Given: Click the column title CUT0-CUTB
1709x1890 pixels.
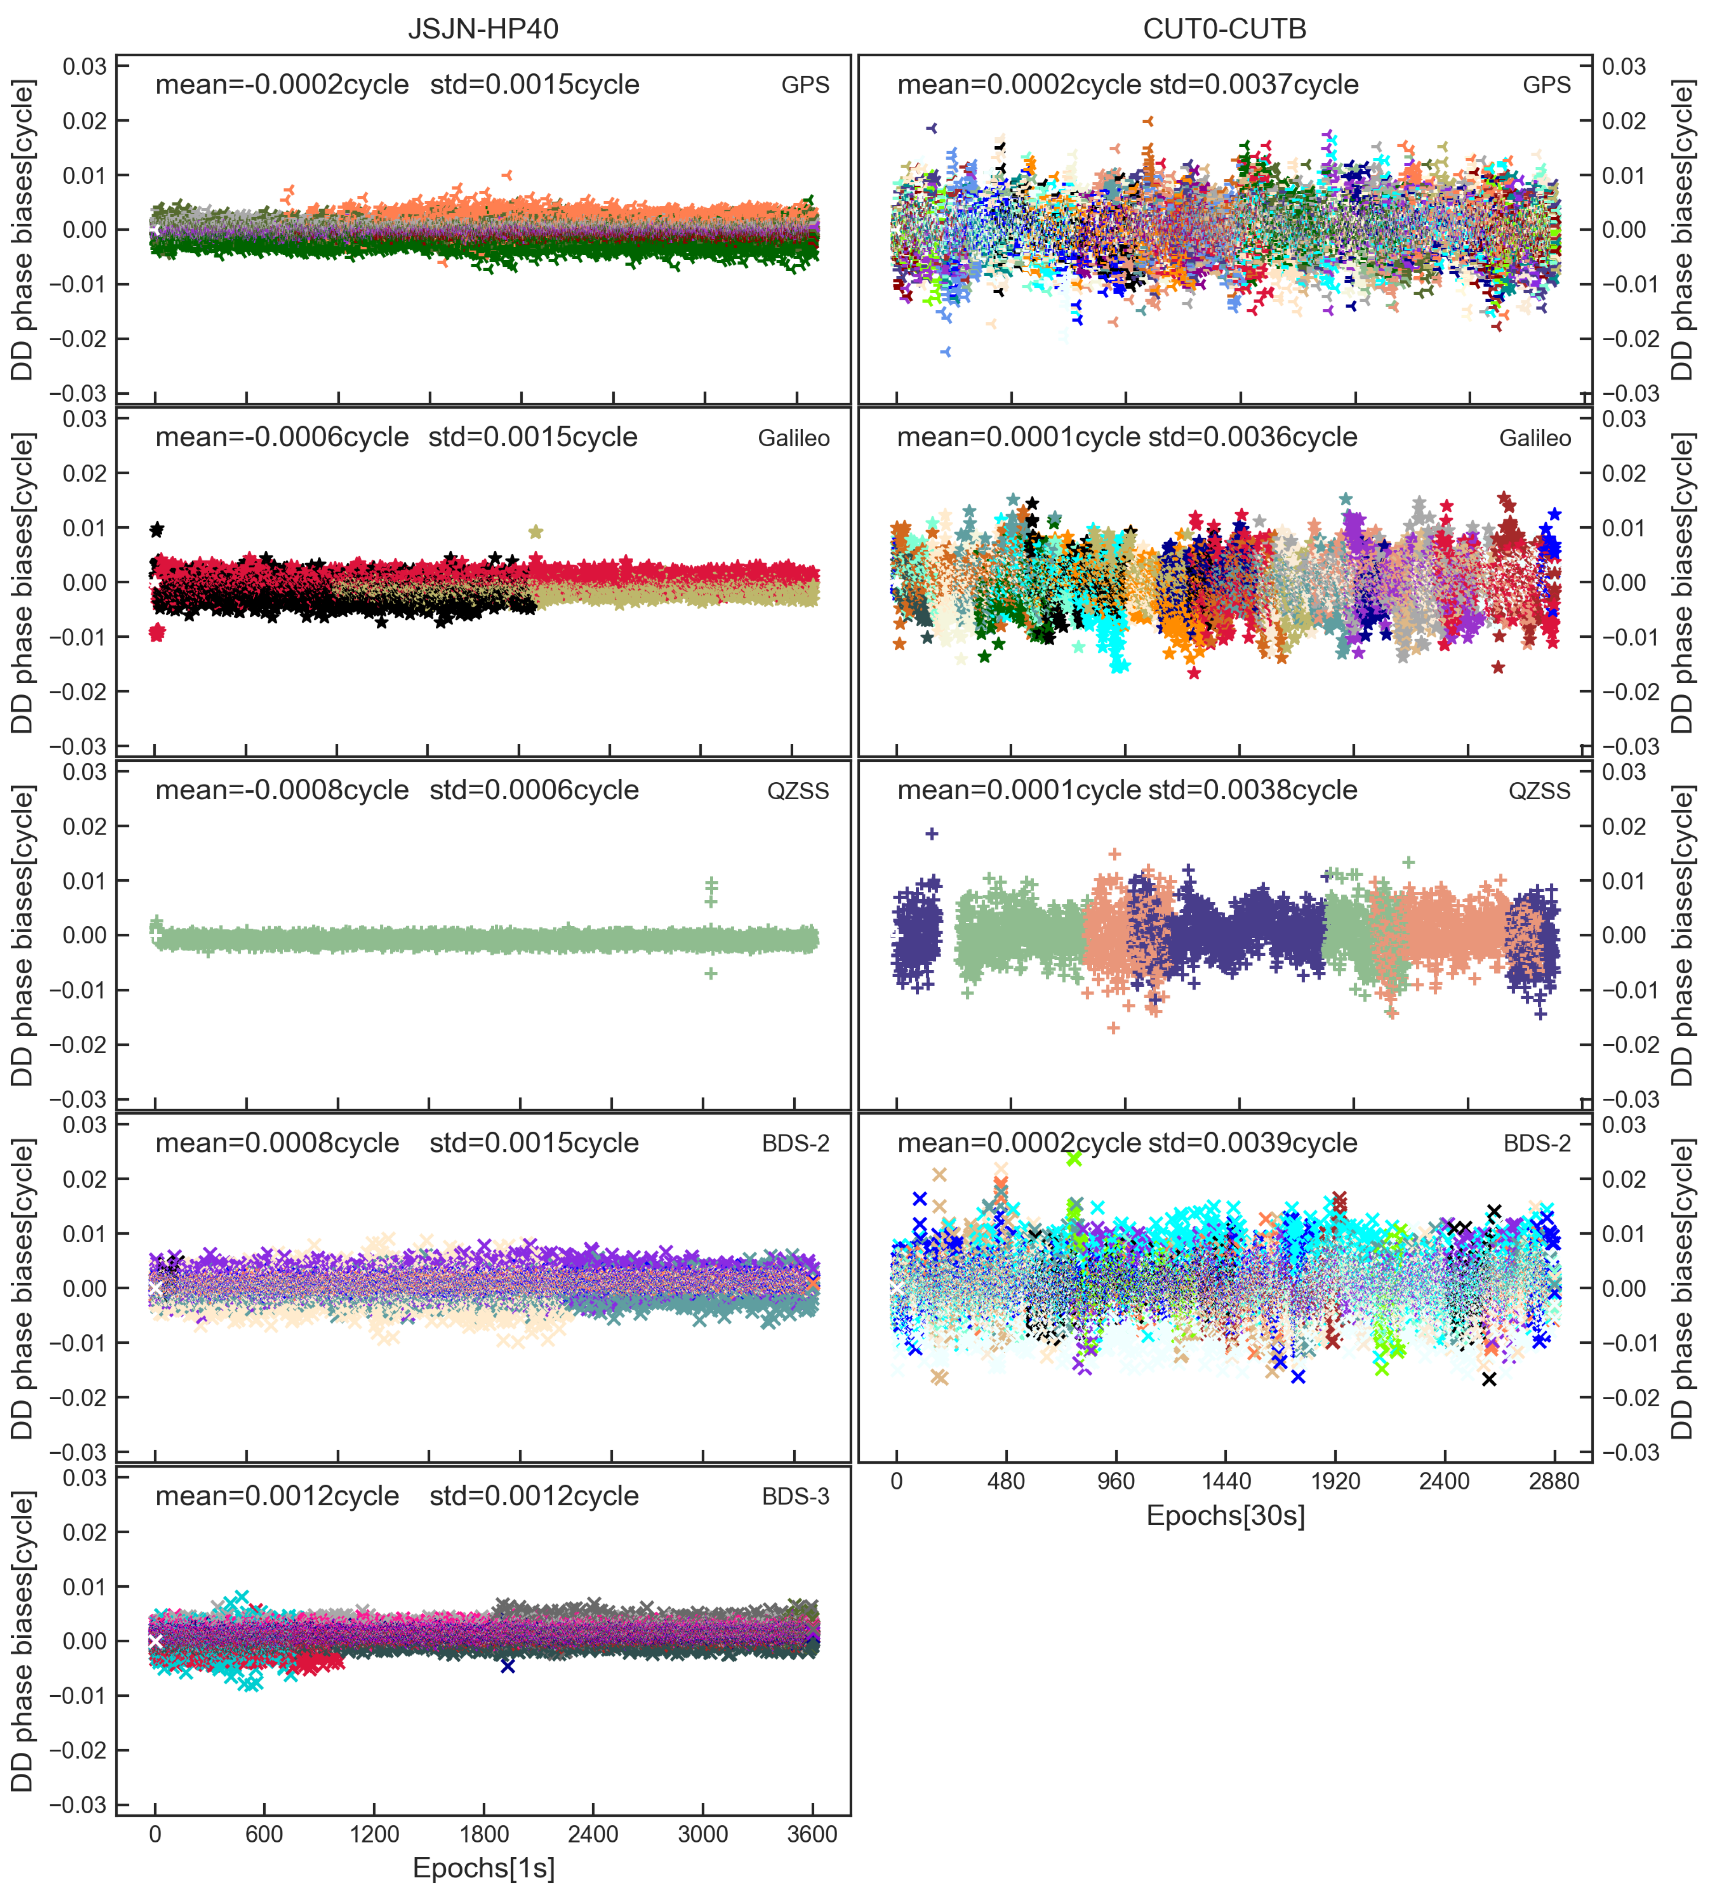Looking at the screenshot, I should pyautogui.click(x=1225, y=29).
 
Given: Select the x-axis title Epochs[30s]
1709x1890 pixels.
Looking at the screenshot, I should pyautogui.click(x=1225, y=1515).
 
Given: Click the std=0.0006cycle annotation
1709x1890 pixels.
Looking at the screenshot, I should pyautogui.click(x=534, y=790).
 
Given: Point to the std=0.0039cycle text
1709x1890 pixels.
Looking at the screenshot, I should pyautogui.click(x=1252, y=1143).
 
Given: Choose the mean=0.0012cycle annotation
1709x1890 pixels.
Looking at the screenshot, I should pyautogui.click(x=278, y=1496).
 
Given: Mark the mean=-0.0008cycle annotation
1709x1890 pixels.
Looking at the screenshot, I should pyautogui.click(x=282, y=790).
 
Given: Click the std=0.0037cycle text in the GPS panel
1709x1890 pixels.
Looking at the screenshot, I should pyautogui.click(x=1254, y=84).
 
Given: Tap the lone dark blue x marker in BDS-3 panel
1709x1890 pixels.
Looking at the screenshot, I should pyautogui.click(x=507, y=1666).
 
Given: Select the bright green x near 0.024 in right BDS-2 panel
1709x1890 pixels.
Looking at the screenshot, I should pyautogui.click(x=1074, y=1159).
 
